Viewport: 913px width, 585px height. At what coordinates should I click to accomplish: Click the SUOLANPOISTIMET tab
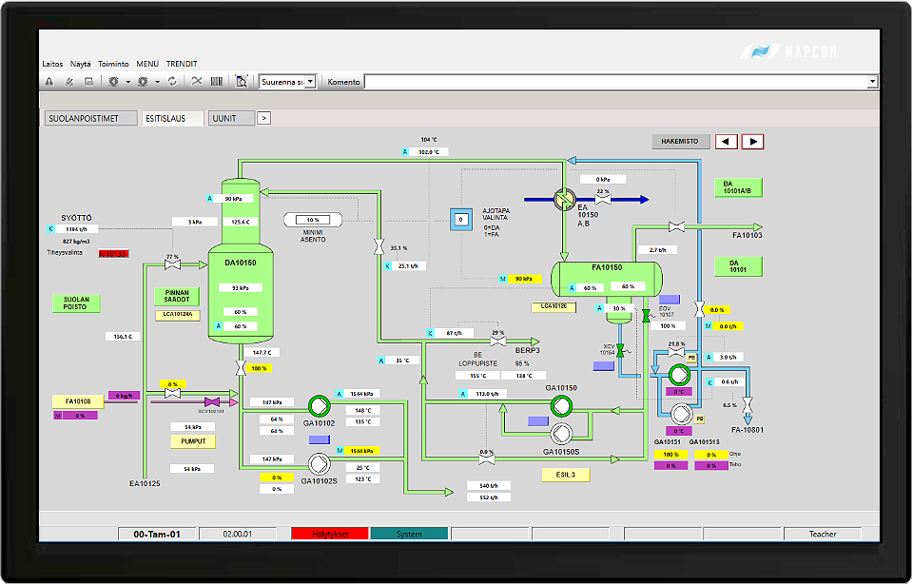[86, 119]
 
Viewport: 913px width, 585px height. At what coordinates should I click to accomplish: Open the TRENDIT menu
[182, 64]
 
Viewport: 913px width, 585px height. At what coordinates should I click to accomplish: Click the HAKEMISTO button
[681, 142]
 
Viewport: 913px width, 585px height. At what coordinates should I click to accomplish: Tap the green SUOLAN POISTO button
[76, 303]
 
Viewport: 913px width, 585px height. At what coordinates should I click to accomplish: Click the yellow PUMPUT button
[193, 441]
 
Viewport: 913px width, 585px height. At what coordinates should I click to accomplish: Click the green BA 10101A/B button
[738, 186]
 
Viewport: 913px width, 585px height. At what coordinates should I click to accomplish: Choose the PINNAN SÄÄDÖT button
[177, 297]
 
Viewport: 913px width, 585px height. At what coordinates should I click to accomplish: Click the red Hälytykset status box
[329, 535]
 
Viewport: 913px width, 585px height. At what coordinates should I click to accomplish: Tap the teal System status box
[409, 535]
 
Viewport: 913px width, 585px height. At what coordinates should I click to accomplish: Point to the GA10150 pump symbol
[562, 406]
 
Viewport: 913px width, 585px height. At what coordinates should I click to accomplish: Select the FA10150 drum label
[606, 269]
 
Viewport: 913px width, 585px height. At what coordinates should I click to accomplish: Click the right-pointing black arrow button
[752, 142]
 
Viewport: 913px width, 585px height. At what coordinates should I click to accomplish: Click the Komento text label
[343, 82]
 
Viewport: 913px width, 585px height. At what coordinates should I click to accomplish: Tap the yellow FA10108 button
[78, 402]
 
